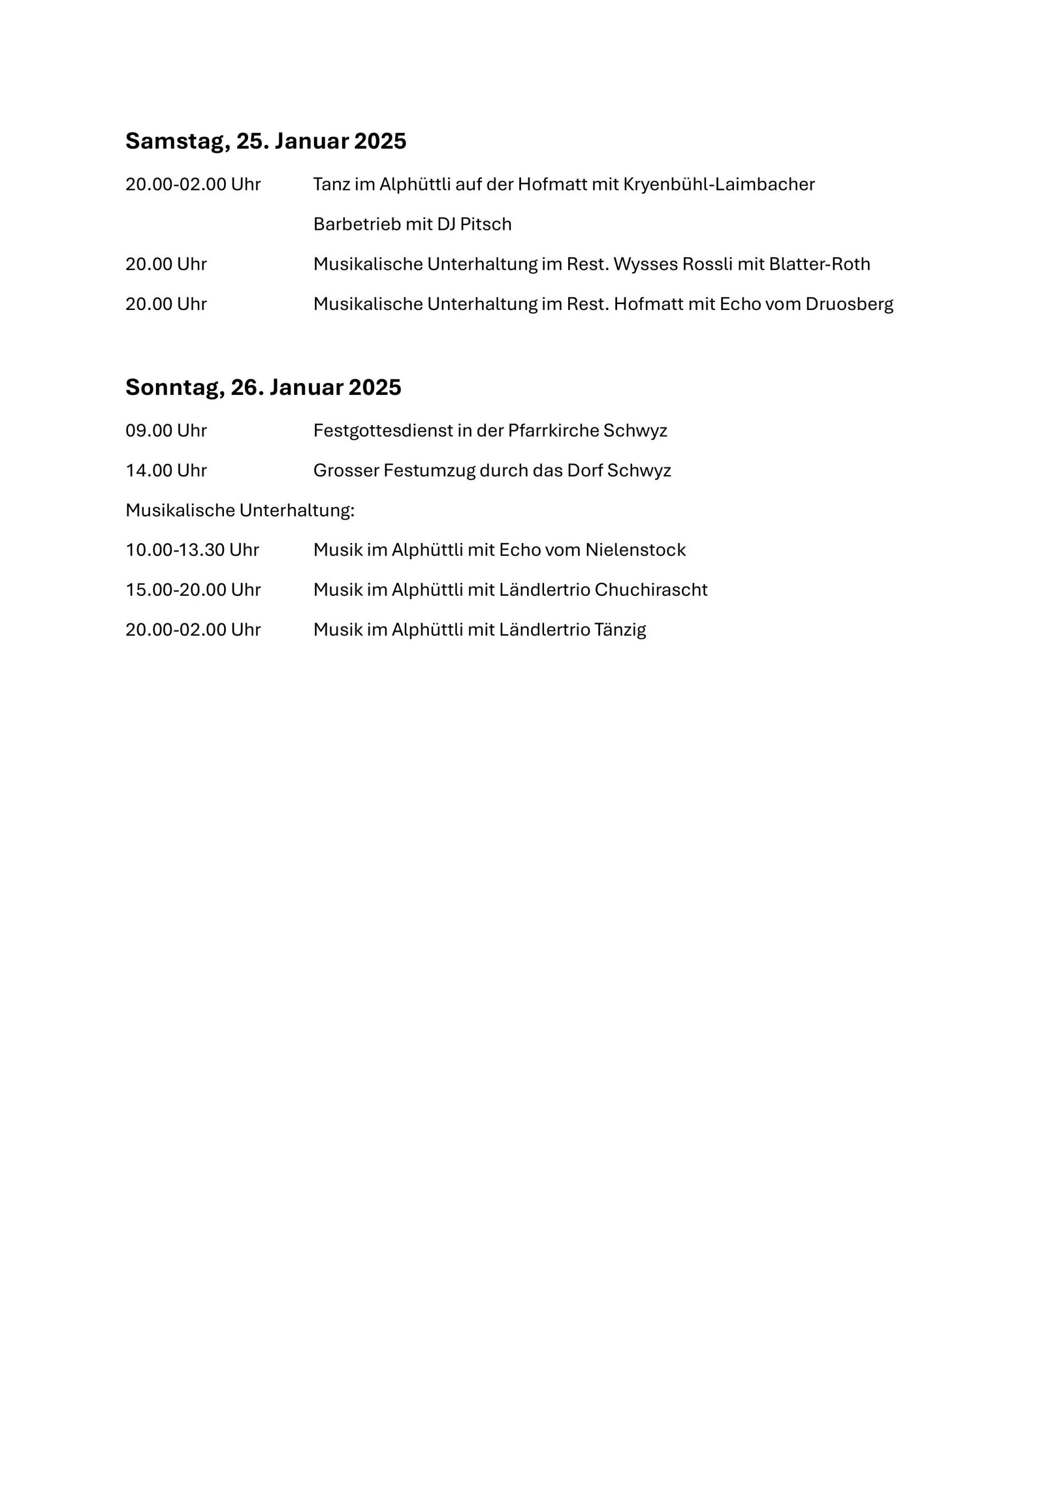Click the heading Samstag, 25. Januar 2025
click(266, 141)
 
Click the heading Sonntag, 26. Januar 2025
click(263, 387)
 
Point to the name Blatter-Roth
click(819, 264)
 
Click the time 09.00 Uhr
click(166, 430)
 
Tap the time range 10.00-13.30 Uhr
click(192, 550)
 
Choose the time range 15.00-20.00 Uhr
click(193, 589)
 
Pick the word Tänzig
click(620, 629)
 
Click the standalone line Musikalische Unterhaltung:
click(240, 510)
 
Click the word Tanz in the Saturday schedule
click(331, 184)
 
